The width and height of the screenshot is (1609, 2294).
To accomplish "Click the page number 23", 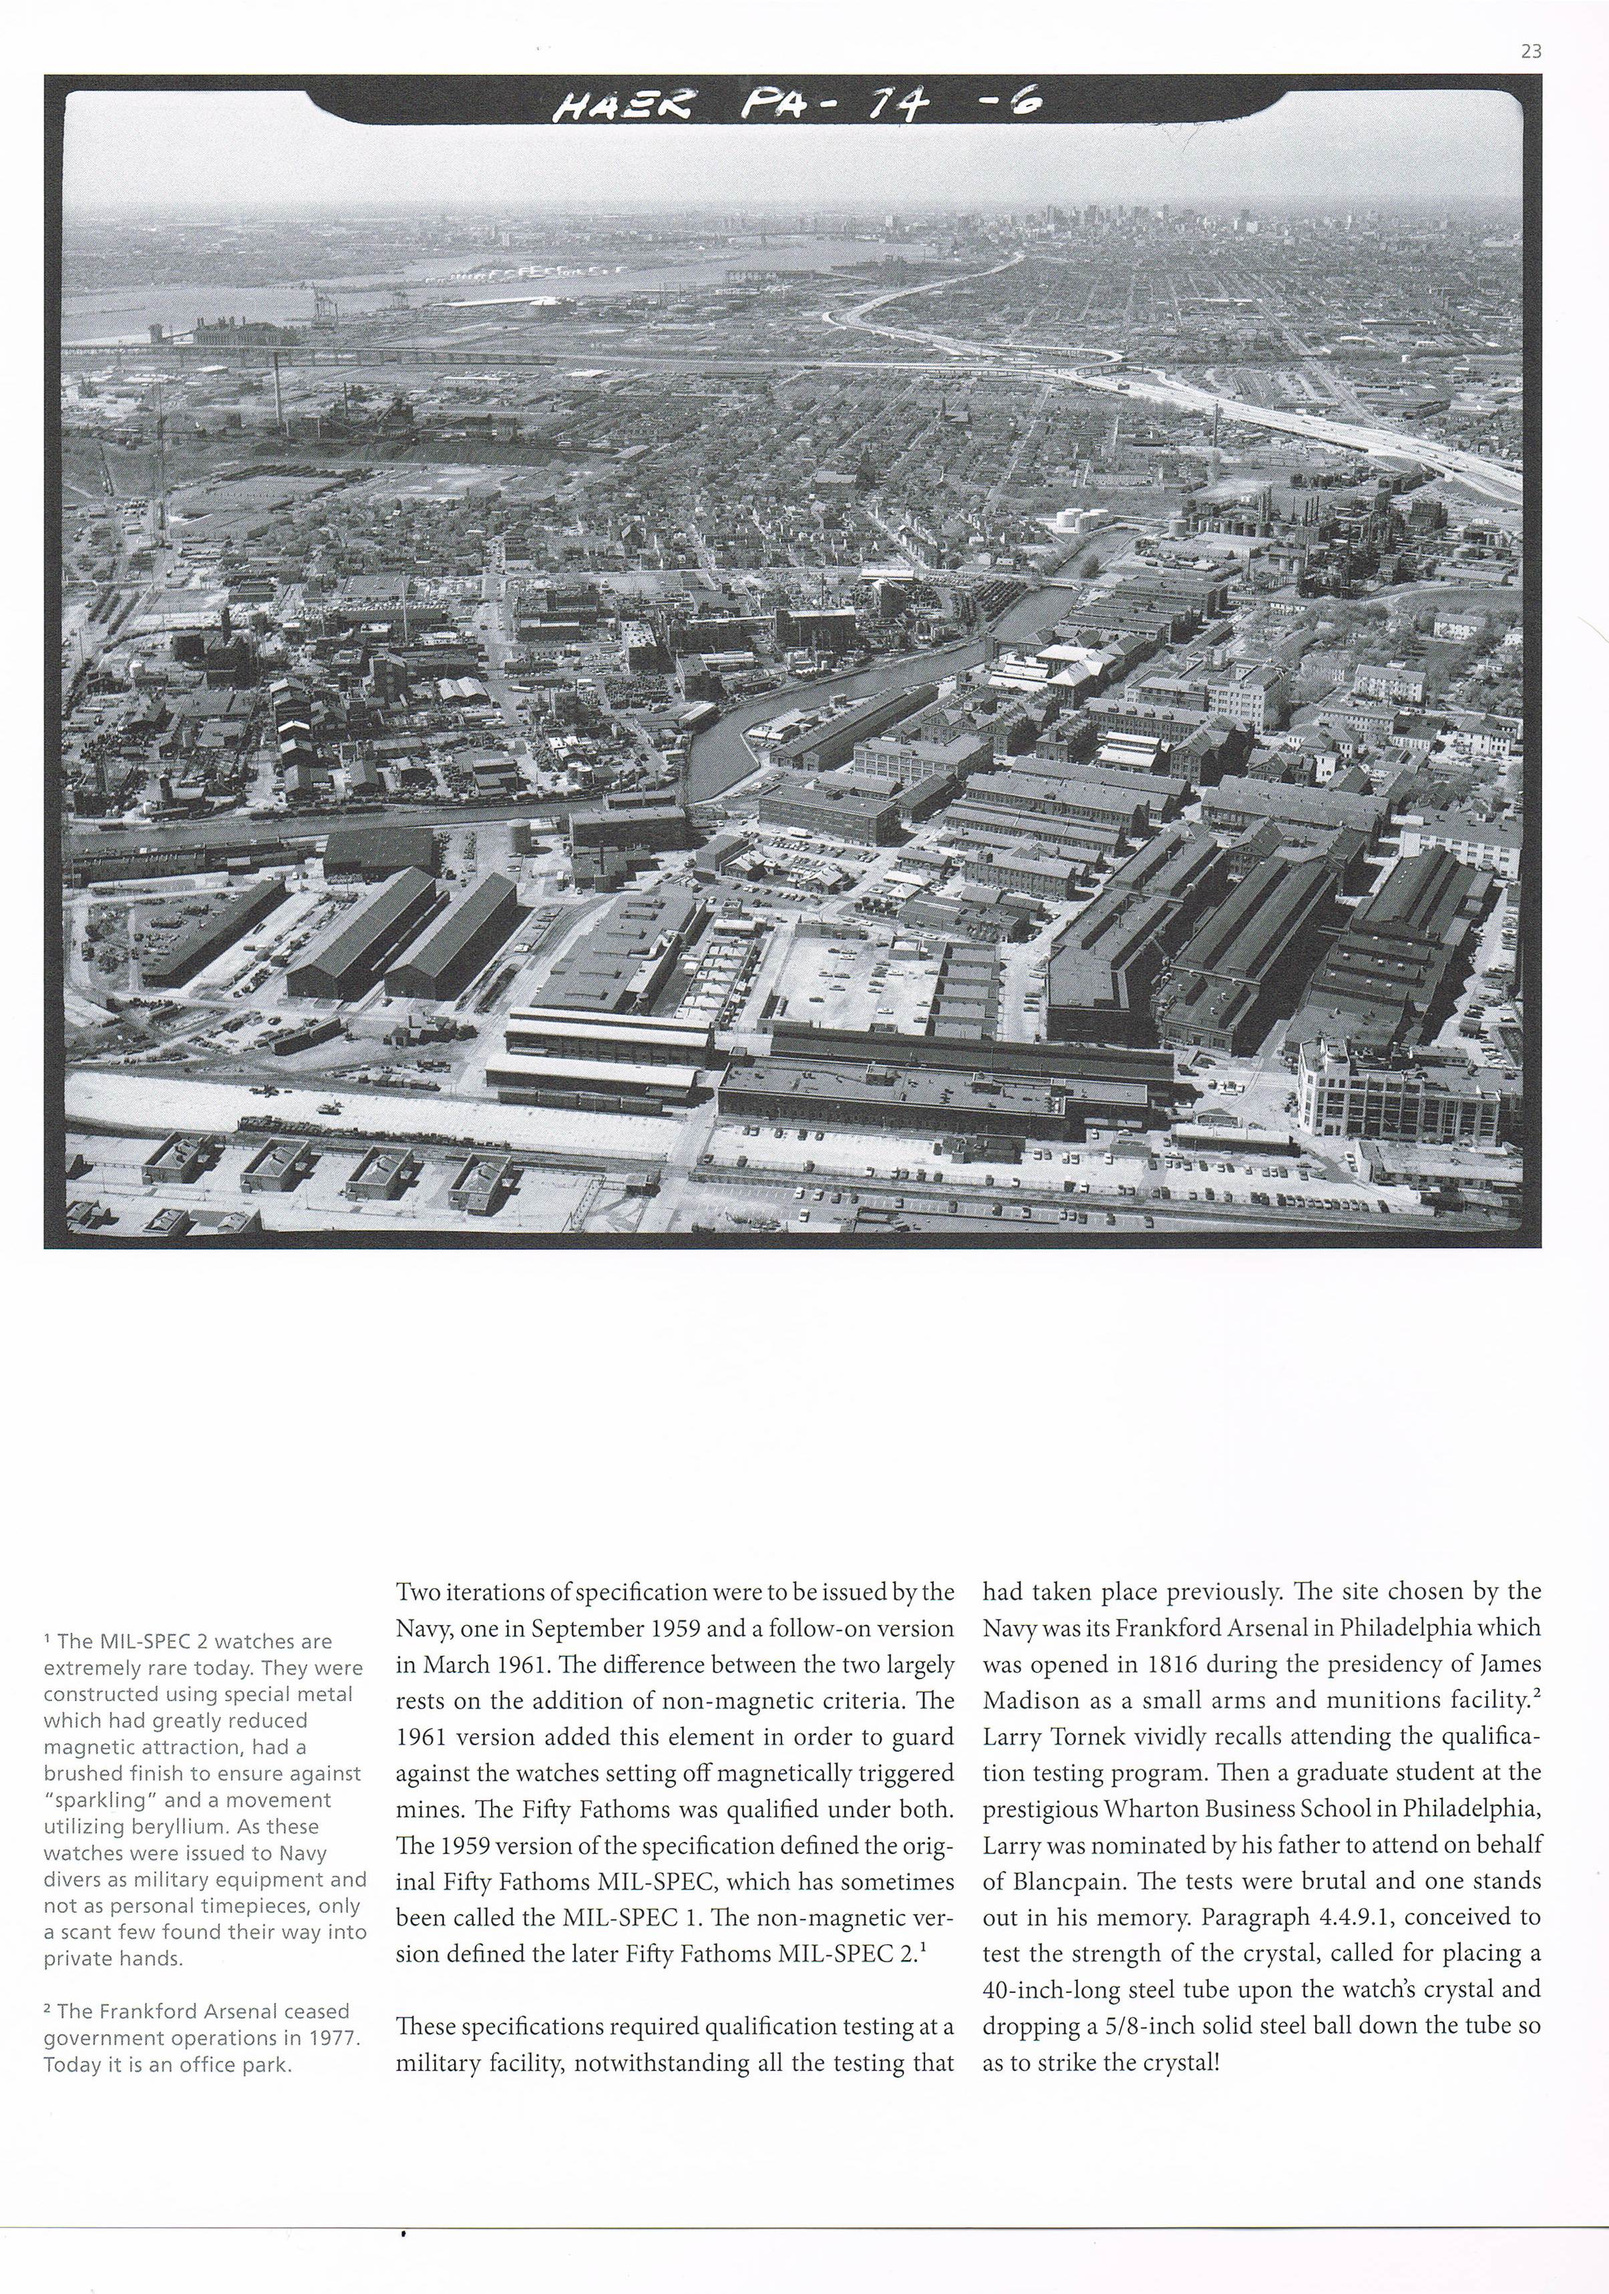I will tap(1530, 52).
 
